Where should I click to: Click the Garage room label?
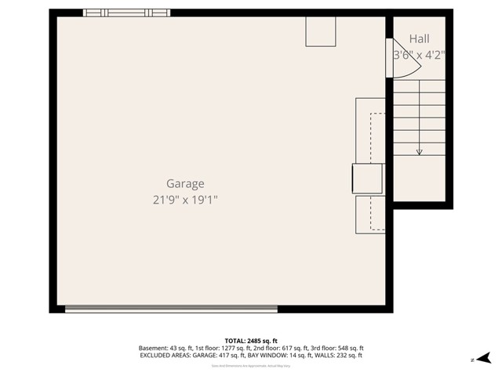[x=185, y=184]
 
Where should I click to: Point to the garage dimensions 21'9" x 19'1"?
[x=185, y=200]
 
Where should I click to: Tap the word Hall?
[x=419, y=38]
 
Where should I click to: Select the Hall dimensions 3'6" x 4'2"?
[x=419, y=56]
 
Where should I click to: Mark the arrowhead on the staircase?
[x=420, y=151]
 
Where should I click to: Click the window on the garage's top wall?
[x=126, y=13]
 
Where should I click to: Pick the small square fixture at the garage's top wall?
[x=320, y=32]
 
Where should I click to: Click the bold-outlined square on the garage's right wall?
[x=367, y=179]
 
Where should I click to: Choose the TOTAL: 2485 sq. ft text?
[x=251, y=341]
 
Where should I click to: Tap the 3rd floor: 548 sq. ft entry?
[x=334, y=349]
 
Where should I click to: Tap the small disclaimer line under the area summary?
[x=251, y=366]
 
